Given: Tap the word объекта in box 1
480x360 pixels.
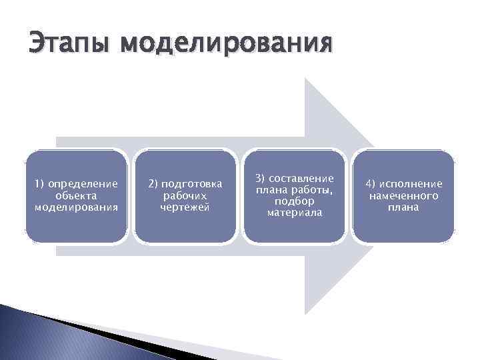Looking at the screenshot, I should click(76, 195).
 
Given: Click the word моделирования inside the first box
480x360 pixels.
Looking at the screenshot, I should click(76, 207).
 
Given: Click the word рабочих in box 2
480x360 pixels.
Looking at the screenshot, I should click(185, 195).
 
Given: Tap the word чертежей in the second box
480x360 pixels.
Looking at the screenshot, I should click(185, 207).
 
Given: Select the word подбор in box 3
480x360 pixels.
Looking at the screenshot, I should click(294, 201).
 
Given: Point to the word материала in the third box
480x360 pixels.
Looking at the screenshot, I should click(294, 213).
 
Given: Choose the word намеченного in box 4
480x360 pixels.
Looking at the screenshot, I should click(403, 195).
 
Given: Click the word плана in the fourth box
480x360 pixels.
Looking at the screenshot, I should click(403, 207).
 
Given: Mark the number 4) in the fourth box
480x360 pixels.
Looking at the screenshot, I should click(371, 183).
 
